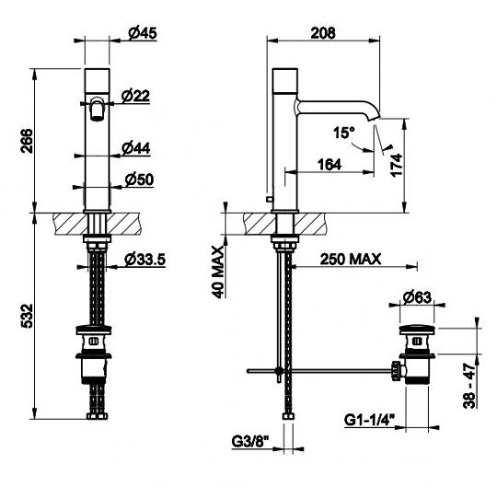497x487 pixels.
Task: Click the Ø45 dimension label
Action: [143, 33]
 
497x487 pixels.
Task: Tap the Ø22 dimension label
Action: [135, 96]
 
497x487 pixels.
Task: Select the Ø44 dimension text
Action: [136, 148]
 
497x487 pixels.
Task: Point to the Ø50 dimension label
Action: [139, 180]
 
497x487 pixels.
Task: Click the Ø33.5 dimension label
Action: [144, 260]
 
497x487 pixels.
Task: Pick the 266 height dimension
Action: [27, 141]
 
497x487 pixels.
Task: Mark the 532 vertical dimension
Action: [27, 316]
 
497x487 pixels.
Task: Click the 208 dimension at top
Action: [323, 33]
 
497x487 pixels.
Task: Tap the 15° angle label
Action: [343, 133]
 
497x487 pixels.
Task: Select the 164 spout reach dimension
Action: [329, 165]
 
